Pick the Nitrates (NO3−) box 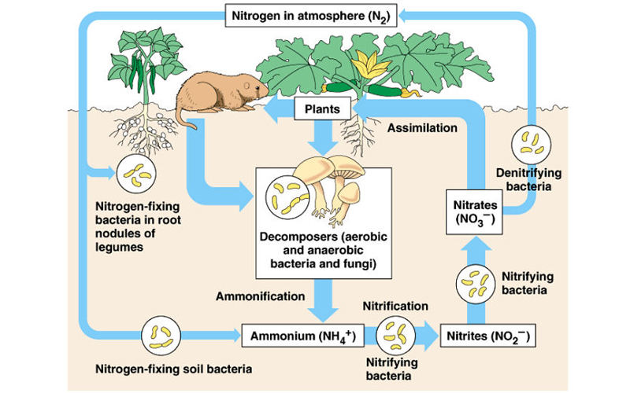(x=474, y=211)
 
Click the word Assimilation (x=422, y=127)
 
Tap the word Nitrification (x=395, y=305)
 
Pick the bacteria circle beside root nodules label (x=135, y=171)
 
